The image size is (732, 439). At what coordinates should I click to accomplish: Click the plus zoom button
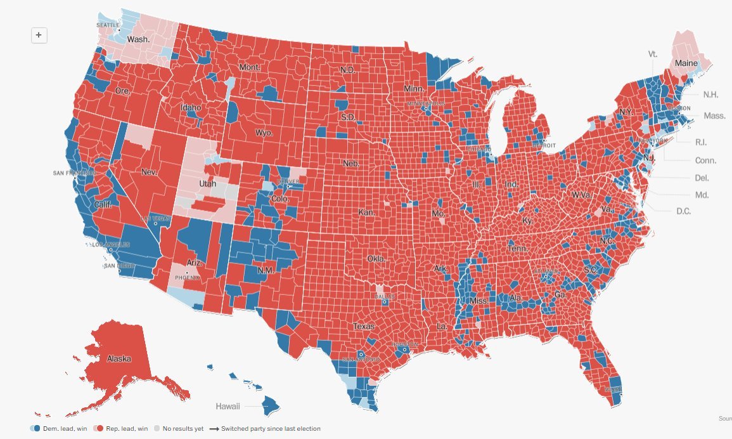click(39, 36)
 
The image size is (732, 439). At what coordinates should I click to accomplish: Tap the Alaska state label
click(119, 359)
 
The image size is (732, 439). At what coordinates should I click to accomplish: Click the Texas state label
click(364, 327)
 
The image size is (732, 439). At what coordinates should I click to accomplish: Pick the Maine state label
click(685, 63)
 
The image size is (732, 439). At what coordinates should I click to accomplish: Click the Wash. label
click(138, 39)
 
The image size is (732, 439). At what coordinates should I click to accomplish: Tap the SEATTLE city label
click(108, 25)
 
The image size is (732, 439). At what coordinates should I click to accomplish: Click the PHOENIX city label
click(187, 277)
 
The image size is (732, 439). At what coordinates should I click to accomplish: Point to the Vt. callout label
click(653, 54)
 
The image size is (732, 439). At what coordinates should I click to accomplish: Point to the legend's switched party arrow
click(214, 429)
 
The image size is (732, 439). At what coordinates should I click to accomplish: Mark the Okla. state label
click(376, 259)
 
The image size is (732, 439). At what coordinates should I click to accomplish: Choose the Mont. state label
click(250, 67)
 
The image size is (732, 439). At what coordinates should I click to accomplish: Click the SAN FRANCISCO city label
click(75, 173)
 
